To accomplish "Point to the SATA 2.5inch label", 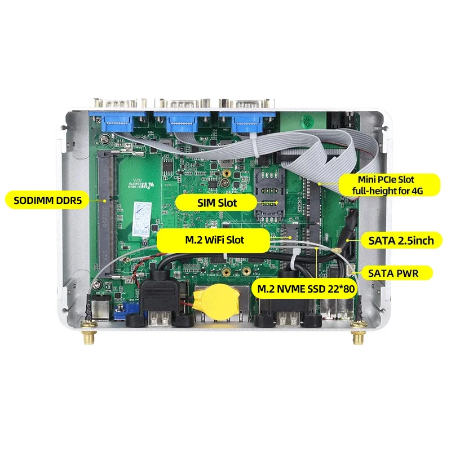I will click(401, 241).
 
